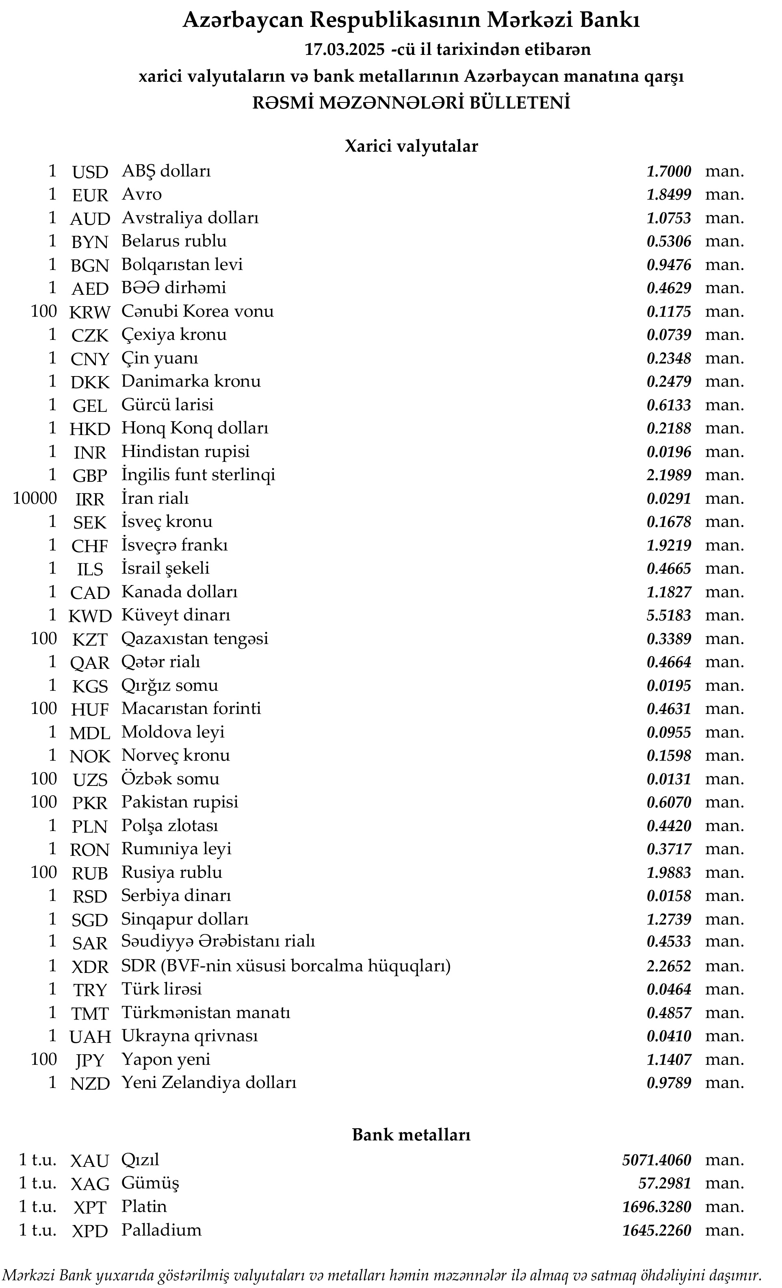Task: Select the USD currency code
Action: pyautogui.click(x=90, y=172)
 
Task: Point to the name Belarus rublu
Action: pyautogui.click(x=174, y=241)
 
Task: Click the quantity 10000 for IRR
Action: pyautogui.click(x=35, y=498)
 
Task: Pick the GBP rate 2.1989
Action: pyautogui.click(x=669, y=475)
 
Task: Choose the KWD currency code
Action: pyautogui.click(x=90, y=616)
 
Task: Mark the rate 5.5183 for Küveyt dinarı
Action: pyautogui.click(x=669, y=615)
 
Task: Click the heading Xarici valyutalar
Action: pyautogui.click(x=411, y=146)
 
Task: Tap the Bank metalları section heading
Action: pyautogui.click(x=411, y=1135)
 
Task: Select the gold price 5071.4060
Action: pyautogui.click(x=656, y=1160)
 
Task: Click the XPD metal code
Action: pyautogui.click(x=90, y=1231)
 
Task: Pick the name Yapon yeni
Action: pyautogui.click(x=166, y=1060)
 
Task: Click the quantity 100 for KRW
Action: pyautogui.click(x=43, y=311)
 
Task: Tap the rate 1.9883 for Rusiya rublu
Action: pyautogui.click(x=669, y=873)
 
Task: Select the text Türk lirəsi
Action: pyautogui.click(x=161, y=989)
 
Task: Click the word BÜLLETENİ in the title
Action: pyautogui.click(x=520, y=102)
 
